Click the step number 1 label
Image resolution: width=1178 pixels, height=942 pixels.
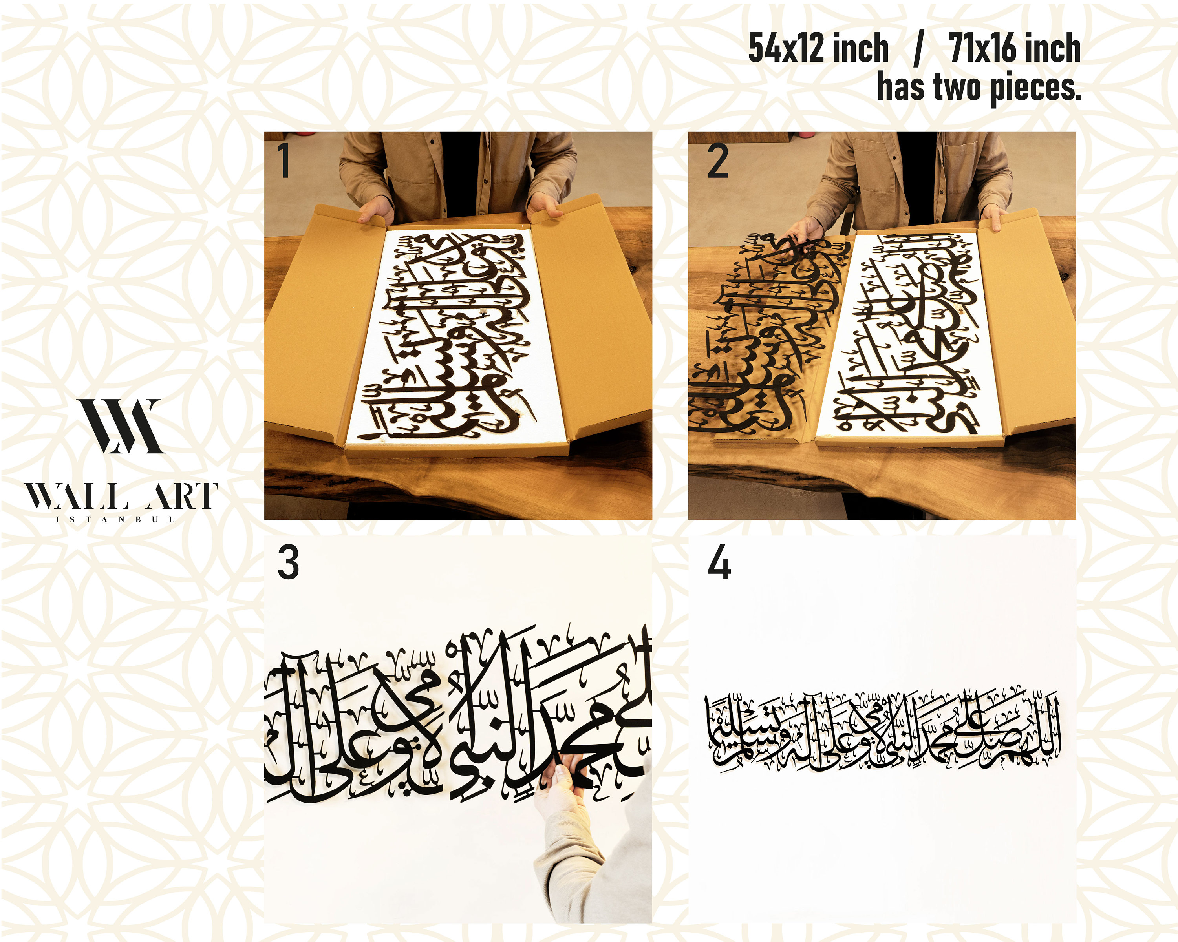[x=283, y=161]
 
